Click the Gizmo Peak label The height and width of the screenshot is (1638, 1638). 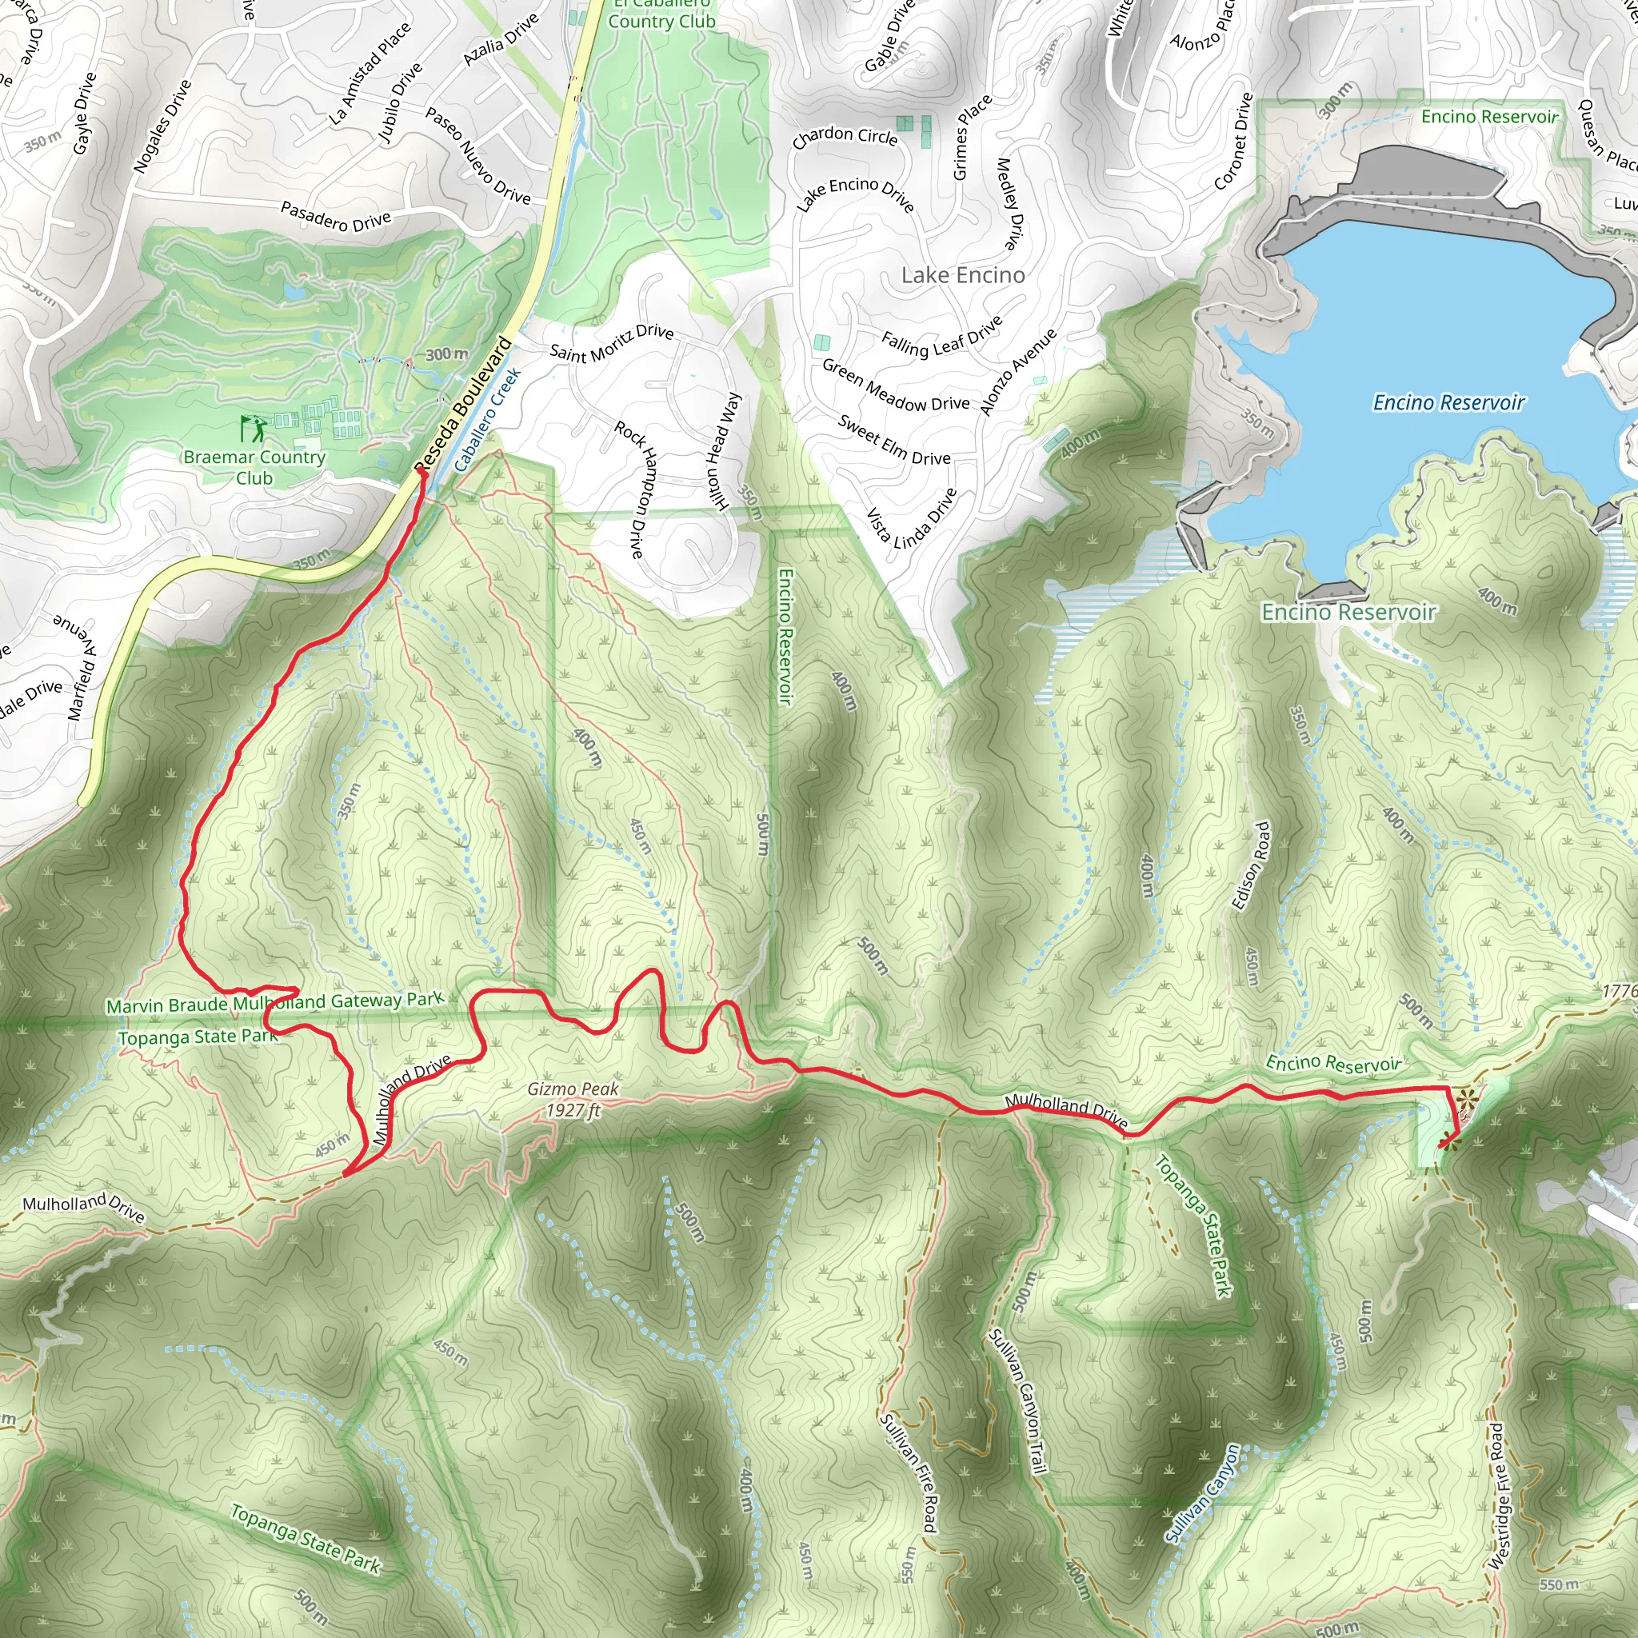[573, 1099]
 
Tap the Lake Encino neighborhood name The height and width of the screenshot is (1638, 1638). [962, 276]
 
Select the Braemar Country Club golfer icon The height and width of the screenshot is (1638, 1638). [252, 428]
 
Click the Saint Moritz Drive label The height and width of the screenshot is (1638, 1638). [611, 342]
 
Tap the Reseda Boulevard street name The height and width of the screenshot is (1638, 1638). [464, 404]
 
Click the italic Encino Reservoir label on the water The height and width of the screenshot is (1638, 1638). [1448, 403]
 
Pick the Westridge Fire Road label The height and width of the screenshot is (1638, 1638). [1498, 1496]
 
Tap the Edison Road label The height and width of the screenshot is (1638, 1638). [1252, 865]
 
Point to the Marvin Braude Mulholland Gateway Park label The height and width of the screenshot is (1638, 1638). [274, 1003]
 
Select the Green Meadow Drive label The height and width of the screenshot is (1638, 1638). [895, 386]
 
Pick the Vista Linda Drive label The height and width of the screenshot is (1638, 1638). [912, 518]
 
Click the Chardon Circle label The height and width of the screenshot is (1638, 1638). [845, 138]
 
